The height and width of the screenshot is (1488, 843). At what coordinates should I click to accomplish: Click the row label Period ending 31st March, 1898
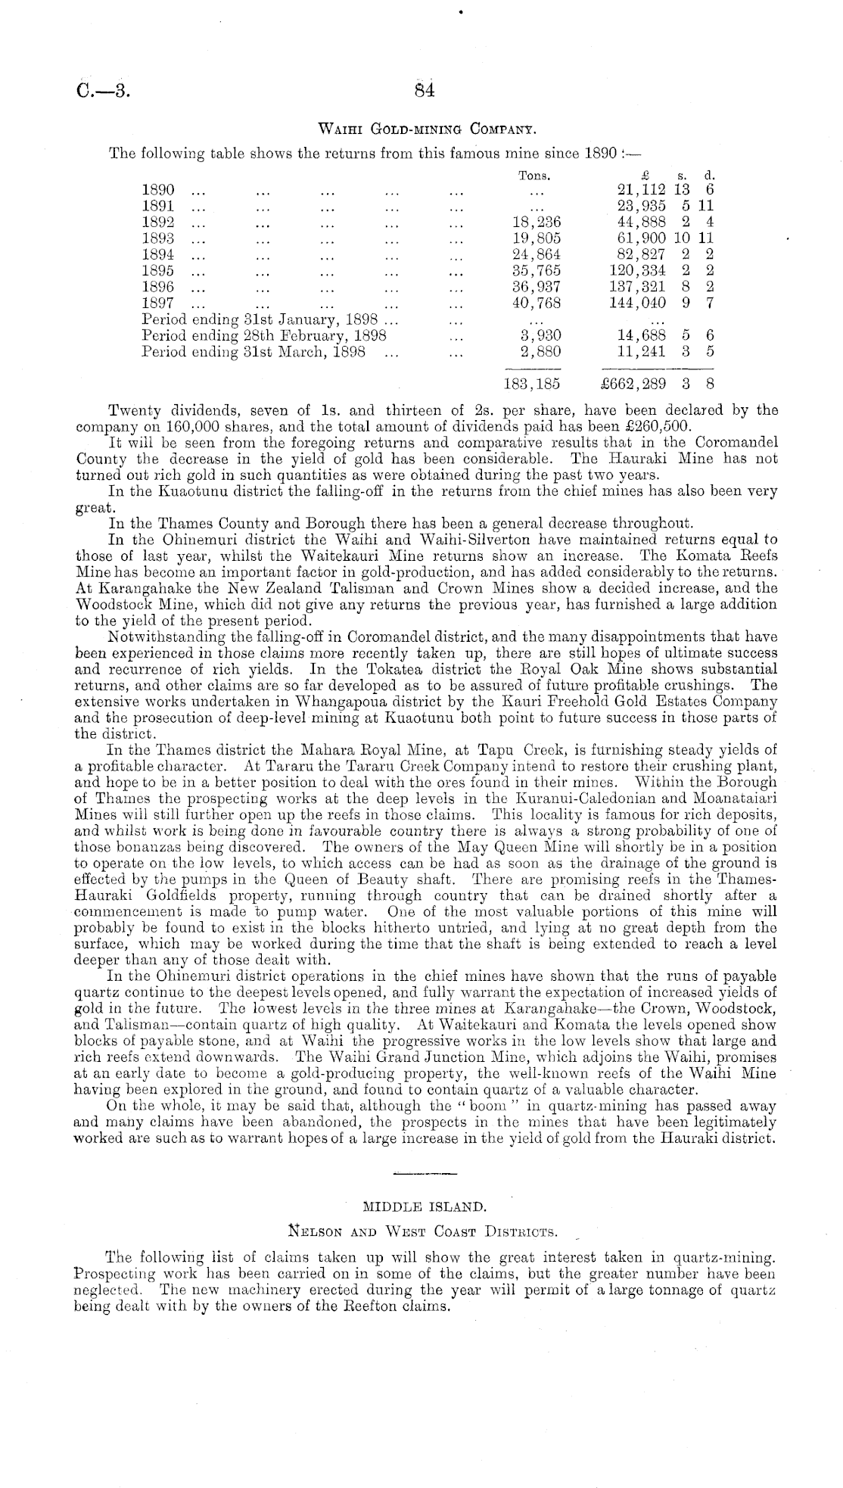254,352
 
